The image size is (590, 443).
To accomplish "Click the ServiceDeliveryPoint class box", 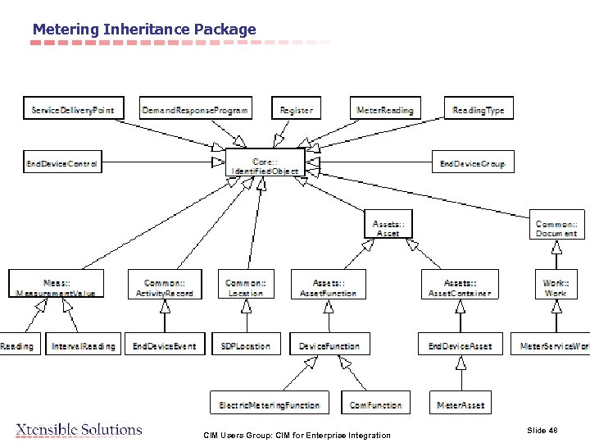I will click(x=73, y=109).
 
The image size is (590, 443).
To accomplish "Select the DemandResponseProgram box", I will click(x=194, y=109).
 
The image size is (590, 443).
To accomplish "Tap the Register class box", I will click(x=295, y=109).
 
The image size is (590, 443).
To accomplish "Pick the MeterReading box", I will click(x=385, y=109).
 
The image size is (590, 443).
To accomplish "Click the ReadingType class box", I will click(x=479, y=109).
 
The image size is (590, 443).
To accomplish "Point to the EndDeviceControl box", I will click(x=61, y=163).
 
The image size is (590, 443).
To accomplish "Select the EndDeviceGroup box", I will click(x=472, y=163).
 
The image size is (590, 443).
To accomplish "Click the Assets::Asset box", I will click(x=388, y=228).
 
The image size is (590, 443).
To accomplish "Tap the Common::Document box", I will click(x=556, y=228).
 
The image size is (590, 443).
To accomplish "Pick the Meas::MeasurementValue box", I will click(x=56, y=286).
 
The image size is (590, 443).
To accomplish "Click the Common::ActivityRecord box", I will click(x=165, y=286).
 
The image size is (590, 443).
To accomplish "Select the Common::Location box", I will click(x=246, y=286).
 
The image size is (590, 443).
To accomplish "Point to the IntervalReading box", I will click(x=84, y=345).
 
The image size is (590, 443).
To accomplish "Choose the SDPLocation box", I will click(x=246, y=345).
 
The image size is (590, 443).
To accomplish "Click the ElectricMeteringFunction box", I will click(x=269, y=404).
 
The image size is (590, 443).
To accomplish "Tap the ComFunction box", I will click(x=375, y=404).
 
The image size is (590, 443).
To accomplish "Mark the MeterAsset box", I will click(x=461, y=404).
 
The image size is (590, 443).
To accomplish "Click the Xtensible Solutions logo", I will click(x=79, y=429).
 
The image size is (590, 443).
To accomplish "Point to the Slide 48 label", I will click(x=542, y=430).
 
